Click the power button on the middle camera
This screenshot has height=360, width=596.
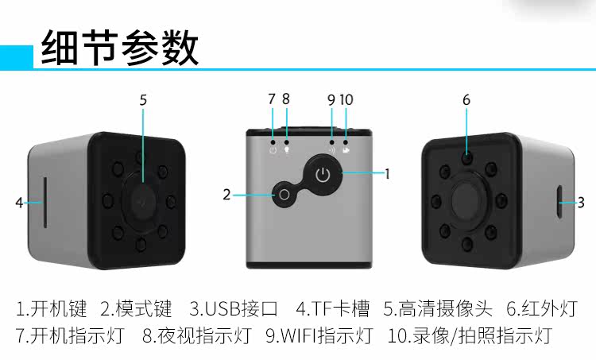[323, 175]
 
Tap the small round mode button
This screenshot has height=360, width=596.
[284, 195]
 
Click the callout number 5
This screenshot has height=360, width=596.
[143, 100]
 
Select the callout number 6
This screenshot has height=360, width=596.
[466, 100]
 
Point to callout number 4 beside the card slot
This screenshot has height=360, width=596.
[19, 203]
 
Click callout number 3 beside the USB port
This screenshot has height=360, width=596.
[581, 203]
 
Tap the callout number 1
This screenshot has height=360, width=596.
[387, 174]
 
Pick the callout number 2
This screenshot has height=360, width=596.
[226, 195]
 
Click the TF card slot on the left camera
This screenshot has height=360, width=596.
[45, 203]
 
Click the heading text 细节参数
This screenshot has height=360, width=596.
[120, 48]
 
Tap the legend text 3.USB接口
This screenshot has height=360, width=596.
[234, 308]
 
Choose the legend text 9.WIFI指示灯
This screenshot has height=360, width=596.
[319, 335]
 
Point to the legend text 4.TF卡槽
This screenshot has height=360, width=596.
[333, 308]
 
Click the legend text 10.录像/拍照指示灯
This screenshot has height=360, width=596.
[470, 335]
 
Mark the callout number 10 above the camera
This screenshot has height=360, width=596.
[346, 100]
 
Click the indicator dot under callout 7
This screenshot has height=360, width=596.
[273, 141]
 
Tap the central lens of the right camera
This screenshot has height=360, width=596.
[470, 200]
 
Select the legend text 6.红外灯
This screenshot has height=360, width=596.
[542, 308]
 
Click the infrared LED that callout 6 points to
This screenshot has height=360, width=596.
[467, 157]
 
